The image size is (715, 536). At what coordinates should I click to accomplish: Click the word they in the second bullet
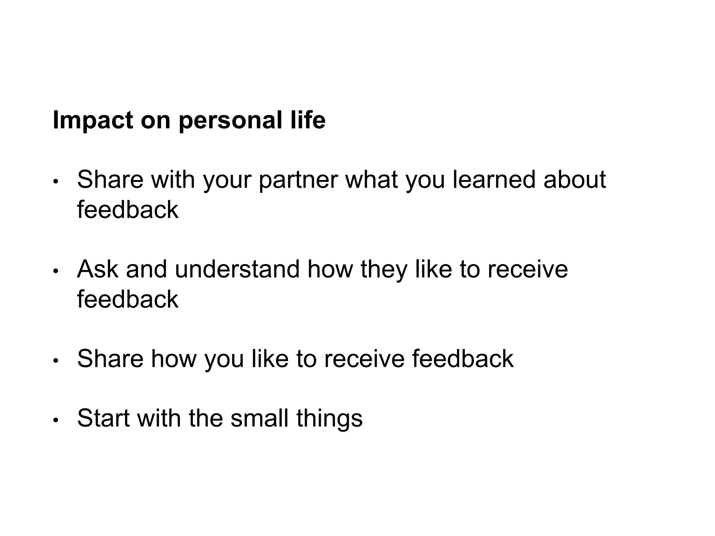click(383, 270)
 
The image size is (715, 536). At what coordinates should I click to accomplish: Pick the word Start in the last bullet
click(103, 418)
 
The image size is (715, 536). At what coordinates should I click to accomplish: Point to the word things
click(329, 419)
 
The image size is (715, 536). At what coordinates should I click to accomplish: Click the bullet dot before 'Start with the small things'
click(55, 421)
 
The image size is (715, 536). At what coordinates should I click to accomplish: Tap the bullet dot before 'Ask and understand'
click(55, 272)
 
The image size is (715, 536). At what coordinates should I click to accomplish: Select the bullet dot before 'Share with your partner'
click(55, 183)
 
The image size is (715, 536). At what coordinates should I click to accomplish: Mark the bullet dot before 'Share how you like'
click(55, 362)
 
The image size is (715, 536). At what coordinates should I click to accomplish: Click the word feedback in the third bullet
click(463, 359)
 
